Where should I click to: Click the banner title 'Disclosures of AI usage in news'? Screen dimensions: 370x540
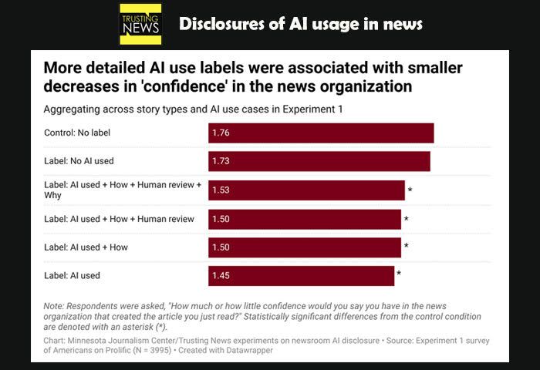tap(301, 24)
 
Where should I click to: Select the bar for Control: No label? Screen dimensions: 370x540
tap(321, 133)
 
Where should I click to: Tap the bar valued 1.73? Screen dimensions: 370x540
tap(319, 161)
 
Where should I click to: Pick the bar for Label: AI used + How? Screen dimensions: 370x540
tap(305, 247)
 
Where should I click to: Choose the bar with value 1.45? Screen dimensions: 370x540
tap(301, 275)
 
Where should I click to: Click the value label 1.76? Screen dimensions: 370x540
tap(221, 133)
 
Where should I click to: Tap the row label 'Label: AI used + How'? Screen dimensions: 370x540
tap(86, 247)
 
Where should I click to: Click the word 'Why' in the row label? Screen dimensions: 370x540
tap(53, 196)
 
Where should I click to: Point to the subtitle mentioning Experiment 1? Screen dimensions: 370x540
tap(193, 109)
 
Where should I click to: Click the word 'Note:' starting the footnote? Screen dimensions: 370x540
tap(56, 306)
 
